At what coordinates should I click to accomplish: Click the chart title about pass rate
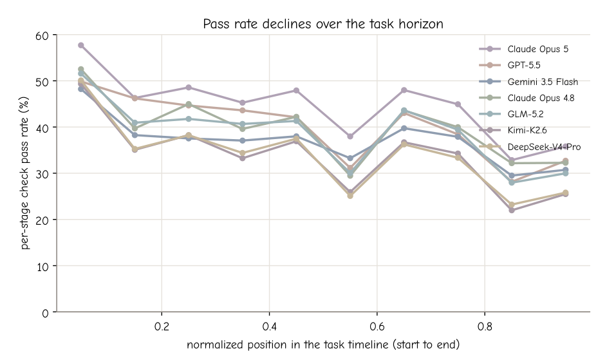click(x=323, y=24)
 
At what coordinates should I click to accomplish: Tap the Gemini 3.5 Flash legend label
click(x=543, y=82)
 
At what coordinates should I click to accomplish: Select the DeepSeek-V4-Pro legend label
click(x=544, y=147)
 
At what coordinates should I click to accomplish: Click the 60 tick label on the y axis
click(x=42, y=35)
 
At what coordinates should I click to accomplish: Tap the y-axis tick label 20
click(x=42, y=220)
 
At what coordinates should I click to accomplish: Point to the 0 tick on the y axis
click(x=45, y=313)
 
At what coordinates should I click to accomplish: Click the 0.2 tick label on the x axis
click(x=162, y=327)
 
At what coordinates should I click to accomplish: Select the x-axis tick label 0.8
click(x=485, y=327)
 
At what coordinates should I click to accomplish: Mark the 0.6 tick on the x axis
click(x=377, y=327)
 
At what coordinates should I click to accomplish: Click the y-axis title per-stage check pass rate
click(x=25, y=173)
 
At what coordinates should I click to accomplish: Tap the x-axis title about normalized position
click(x=323, y=345)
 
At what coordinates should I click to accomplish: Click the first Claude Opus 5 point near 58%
click(x=81, y=45)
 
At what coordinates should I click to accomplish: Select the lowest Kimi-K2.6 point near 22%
click(x=512, y=210)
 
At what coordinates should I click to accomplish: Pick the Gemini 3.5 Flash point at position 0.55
click(x=350, y=158)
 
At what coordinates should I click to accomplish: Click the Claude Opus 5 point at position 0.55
click(x=350, y=137)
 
